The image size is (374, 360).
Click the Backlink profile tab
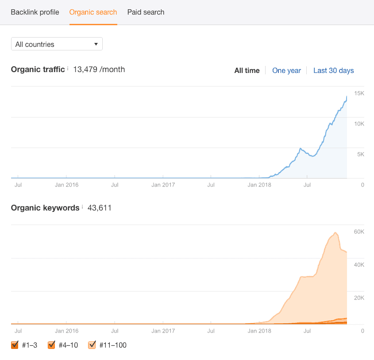point(35,12)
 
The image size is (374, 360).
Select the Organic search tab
point(93,12)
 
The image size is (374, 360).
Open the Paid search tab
point(146,12)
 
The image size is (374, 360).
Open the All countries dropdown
point(57,44)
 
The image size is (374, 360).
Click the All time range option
point(247,71)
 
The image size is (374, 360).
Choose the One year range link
point(286,71)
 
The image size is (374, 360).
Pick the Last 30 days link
point(333,71)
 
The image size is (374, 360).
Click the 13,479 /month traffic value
point(99,69)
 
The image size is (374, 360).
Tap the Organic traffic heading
point(38,69)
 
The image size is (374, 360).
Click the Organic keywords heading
point(45,208)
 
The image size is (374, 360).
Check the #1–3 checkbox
point(15,345)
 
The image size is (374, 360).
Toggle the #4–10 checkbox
point(51,345)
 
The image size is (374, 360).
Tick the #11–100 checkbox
point(93,345)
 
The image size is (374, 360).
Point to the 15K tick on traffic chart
point(359,93)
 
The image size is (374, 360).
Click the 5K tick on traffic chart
point(360,154)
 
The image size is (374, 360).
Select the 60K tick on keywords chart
point(359,232)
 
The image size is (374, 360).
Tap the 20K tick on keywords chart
point(359,298)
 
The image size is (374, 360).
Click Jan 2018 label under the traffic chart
point(259,185)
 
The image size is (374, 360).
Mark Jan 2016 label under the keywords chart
point(66,331)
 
